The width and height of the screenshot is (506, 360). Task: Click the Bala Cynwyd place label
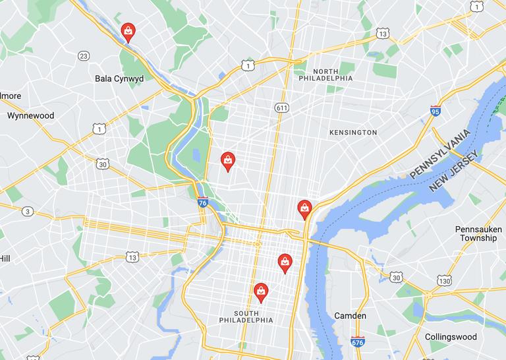click(119, 78)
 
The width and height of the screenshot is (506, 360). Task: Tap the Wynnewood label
click(30, 115)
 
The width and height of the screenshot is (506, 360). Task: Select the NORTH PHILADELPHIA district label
click(325, 75)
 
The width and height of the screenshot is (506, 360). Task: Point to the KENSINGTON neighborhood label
click(353, 133)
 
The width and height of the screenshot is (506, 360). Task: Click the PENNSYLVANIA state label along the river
click(441, 154)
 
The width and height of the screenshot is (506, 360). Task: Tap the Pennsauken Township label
click(479, 233)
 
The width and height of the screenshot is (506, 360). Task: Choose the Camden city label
click(350, 316)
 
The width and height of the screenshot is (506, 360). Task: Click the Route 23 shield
click(83, 56)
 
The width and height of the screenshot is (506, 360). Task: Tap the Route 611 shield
click(282, 107)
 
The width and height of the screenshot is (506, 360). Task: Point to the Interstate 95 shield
click(436, 111)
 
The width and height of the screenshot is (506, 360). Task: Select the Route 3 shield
click(27, 211)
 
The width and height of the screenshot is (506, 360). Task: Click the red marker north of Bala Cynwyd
click(128, 32)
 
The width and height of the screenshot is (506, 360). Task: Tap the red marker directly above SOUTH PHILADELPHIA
click(261, 291)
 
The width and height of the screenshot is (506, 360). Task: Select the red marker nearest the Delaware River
click(304, 209)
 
